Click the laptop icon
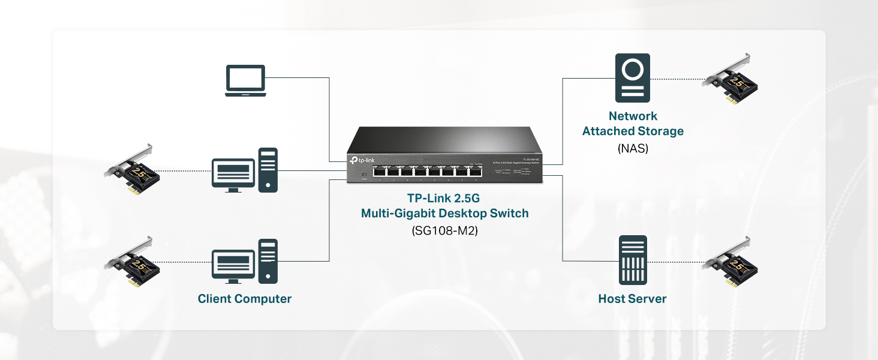[x=245, y=80]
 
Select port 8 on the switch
[x=475, y=171]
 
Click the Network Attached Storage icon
[x=632, y=78]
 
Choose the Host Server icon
[x=633, y=260]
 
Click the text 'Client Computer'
[x=245, y=299]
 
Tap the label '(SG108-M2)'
[x=444, y=230]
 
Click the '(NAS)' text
[x=633, y=148]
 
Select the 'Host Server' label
[x=632, y=299]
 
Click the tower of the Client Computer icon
[x=268, y=261]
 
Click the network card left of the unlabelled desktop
[x=133, y=170]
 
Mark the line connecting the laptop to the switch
[x=329, y=120]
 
